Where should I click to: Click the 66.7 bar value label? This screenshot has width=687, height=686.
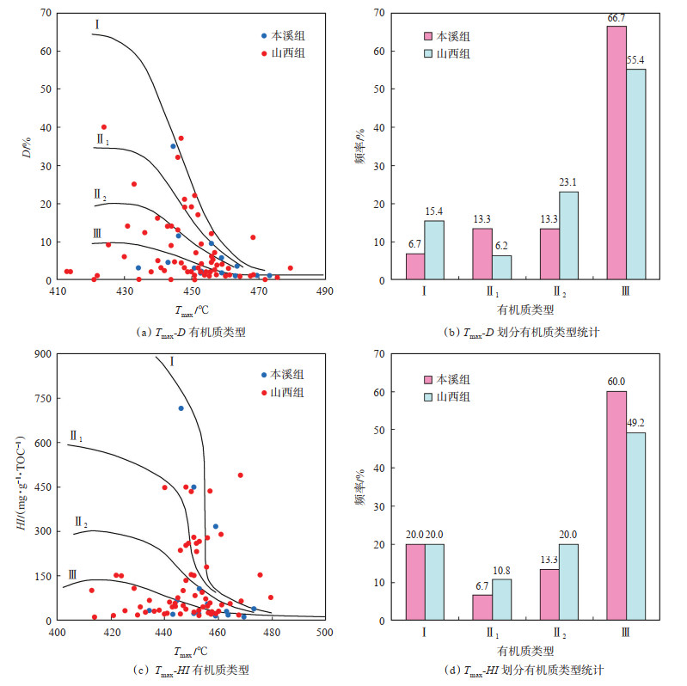coord(616,19)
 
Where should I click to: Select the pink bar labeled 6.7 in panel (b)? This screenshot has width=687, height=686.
coord(415,266)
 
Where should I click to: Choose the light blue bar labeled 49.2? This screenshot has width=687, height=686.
coord(636,526)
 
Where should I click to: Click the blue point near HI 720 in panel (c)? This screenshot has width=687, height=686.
coord(181,408)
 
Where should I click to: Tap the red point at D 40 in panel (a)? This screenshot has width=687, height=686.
coord(104,127)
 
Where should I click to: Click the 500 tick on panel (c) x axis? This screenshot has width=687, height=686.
coord(325,633)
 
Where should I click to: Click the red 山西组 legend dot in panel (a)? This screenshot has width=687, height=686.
coord(264,52)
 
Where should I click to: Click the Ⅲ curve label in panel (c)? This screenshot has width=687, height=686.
coord(73,574)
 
